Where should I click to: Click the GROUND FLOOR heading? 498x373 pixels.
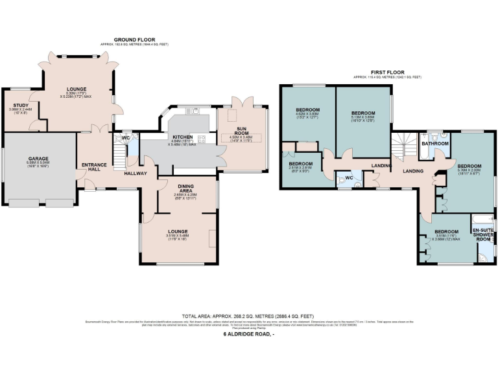(x=132, y=40)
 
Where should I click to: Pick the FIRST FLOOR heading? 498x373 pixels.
(x=386, y=72)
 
